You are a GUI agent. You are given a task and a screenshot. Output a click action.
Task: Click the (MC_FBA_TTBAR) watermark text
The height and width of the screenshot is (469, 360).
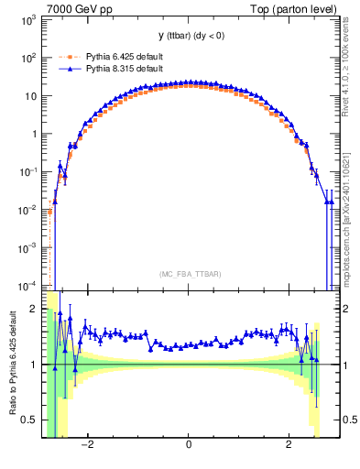point(188,274)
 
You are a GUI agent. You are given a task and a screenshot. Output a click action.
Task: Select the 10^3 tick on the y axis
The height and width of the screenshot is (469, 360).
point(27,19)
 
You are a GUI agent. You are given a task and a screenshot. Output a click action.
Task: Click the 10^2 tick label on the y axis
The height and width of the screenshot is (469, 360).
point(27,58)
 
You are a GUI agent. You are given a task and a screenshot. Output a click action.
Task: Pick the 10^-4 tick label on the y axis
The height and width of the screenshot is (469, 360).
point(27,285)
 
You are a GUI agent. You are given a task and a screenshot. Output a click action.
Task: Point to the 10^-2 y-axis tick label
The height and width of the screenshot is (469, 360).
point(27,210)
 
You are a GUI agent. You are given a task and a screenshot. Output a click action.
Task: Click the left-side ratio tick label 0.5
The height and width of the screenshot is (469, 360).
point(30,420)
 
